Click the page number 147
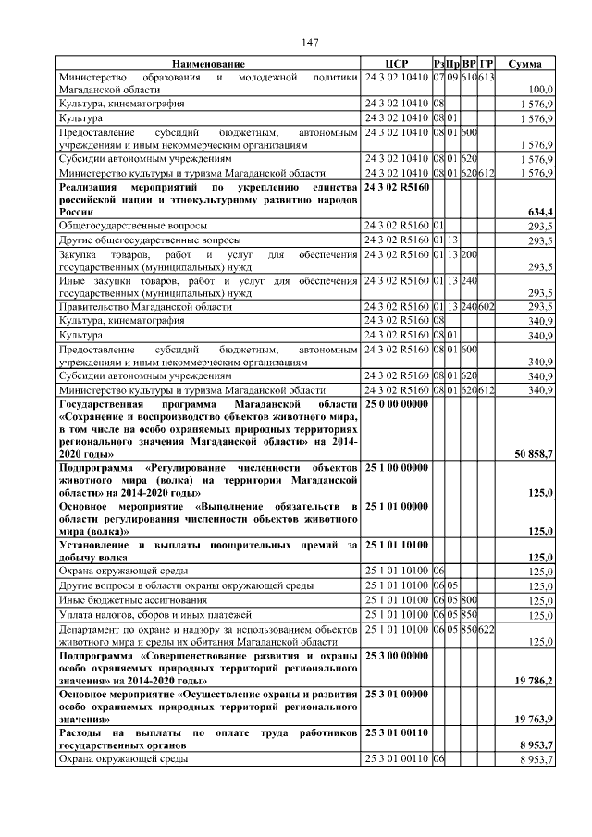(x=310, y=42)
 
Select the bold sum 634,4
(x=538, y=212)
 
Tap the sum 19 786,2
(x=533, y=681)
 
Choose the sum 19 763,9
(x=533, y=719)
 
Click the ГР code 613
(x=487, y=77)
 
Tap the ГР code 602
(x=487, y=306)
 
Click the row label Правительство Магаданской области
(x=145, y=306)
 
